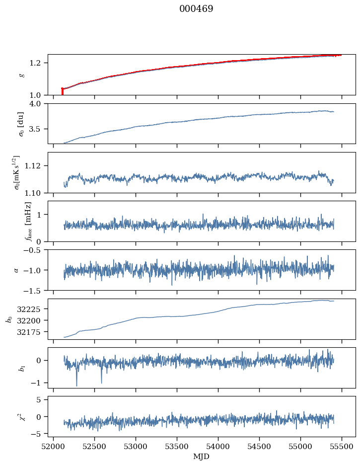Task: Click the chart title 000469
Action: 196,9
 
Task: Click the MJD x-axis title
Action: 201,456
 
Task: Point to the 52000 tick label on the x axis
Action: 54,446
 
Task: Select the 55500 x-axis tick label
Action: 341,446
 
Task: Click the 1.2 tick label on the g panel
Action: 39,63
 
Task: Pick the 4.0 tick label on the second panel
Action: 39,104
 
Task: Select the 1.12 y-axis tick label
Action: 37,165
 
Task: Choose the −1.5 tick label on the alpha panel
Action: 36,290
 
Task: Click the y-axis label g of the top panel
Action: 21,75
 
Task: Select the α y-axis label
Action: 16,270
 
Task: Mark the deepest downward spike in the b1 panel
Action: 76,385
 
